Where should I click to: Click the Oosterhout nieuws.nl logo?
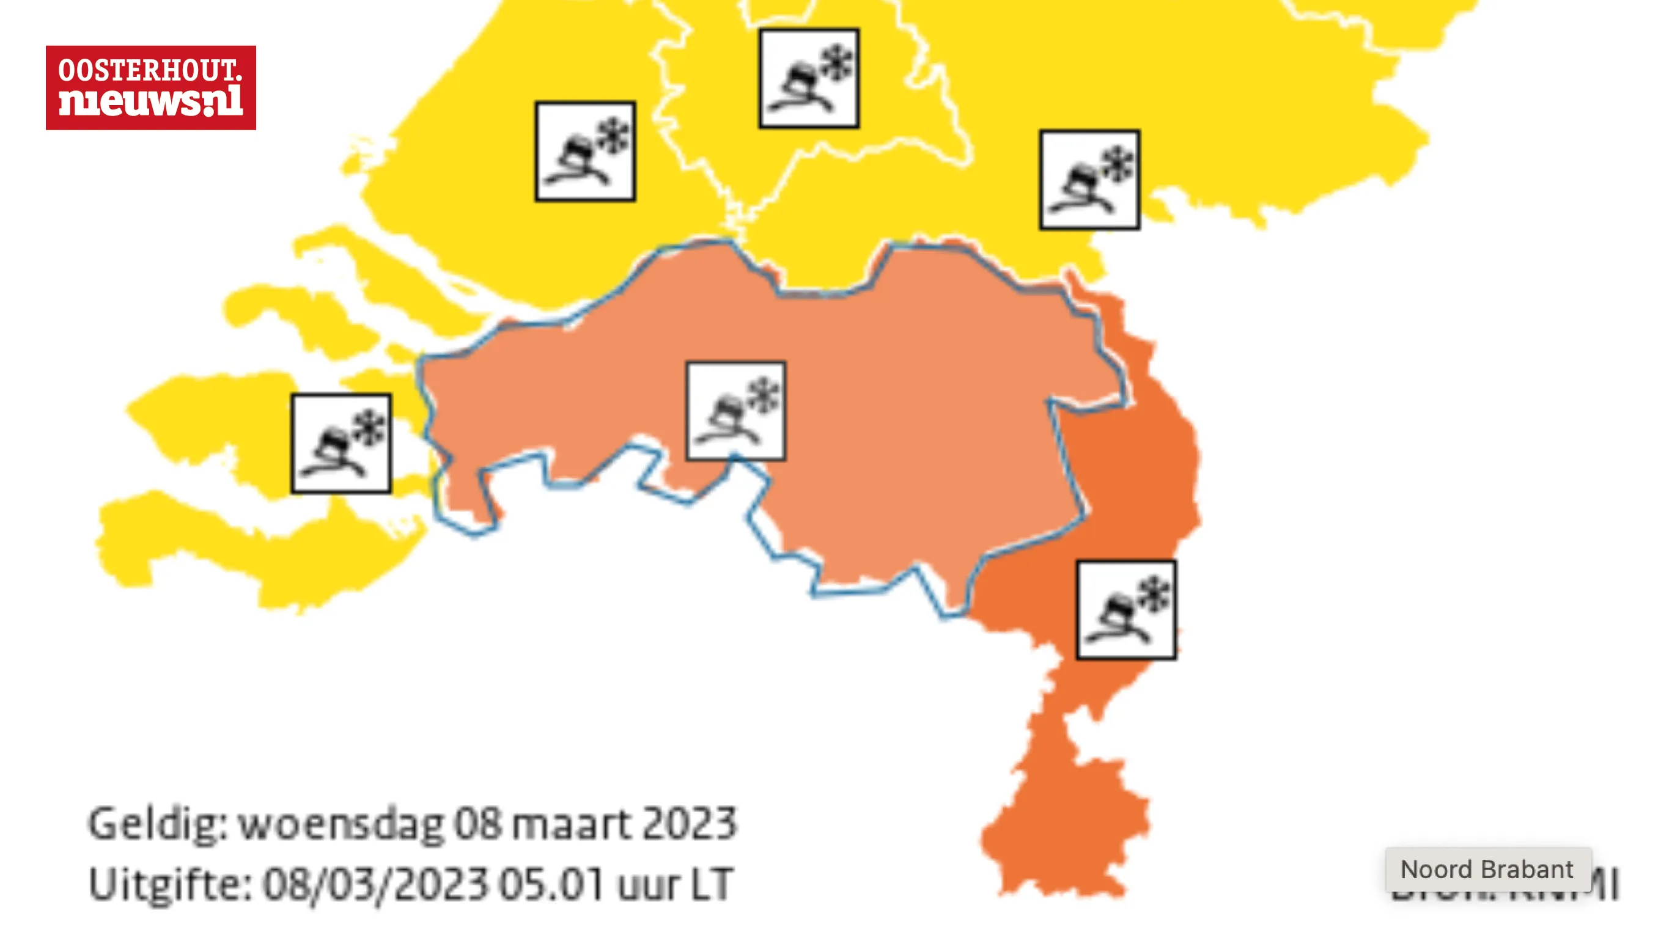click(x=150, y=87)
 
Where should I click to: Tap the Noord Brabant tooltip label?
click(x=1487, y=869)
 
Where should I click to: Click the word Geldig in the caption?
click(x=158, y=824)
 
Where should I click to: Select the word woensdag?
click(x=342, y=824)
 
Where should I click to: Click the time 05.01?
click(x=552, y=884)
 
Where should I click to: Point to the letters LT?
click(x=712, y=884)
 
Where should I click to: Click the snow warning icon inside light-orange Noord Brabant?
click(x=735, y=411)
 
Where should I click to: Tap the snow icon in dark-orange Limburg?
click(x=1126, y=610)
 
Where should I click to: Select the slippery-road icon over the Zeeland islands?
click(x=341, y=444)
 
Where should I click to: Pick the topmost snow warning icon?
click(x=809, y=78)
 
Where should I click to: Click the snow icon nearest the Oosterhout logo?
click(x=585, y=152)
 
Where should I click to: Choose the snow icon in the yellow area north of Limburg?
click(x=1089, y=180)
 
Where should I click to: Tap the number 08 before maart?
click(x=478, y=824)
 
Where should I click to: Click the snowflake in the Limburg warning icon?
click(x=1154, y=594)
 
